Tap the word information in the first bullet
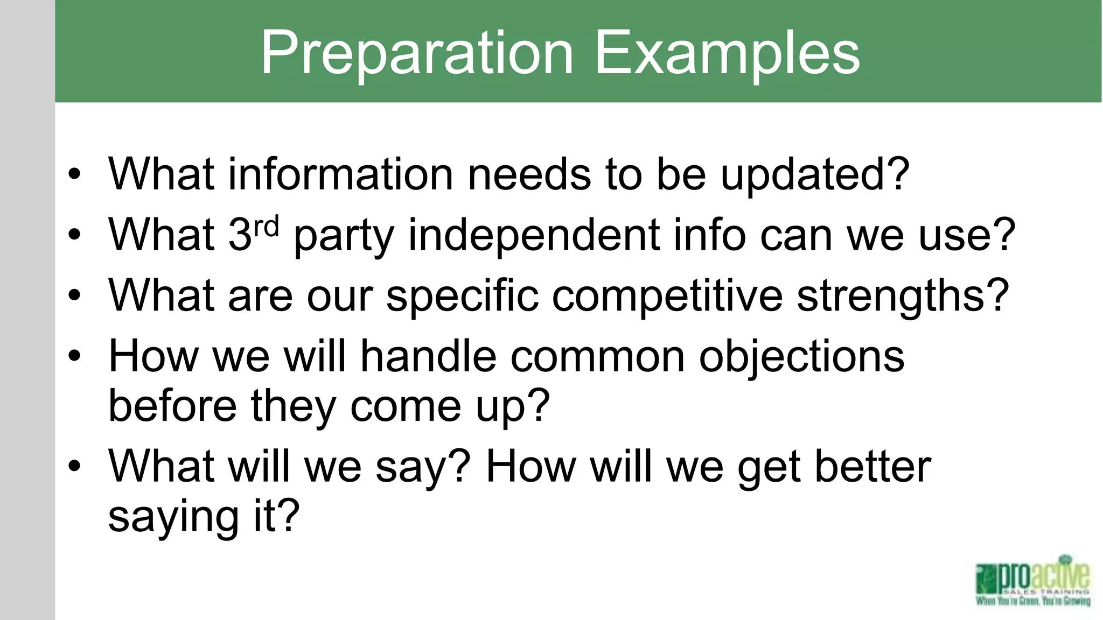tap(340, 174)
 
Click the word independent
tap(534, 235)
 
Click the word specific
tap(462, 296)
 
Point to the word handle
tap(428, 356)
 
